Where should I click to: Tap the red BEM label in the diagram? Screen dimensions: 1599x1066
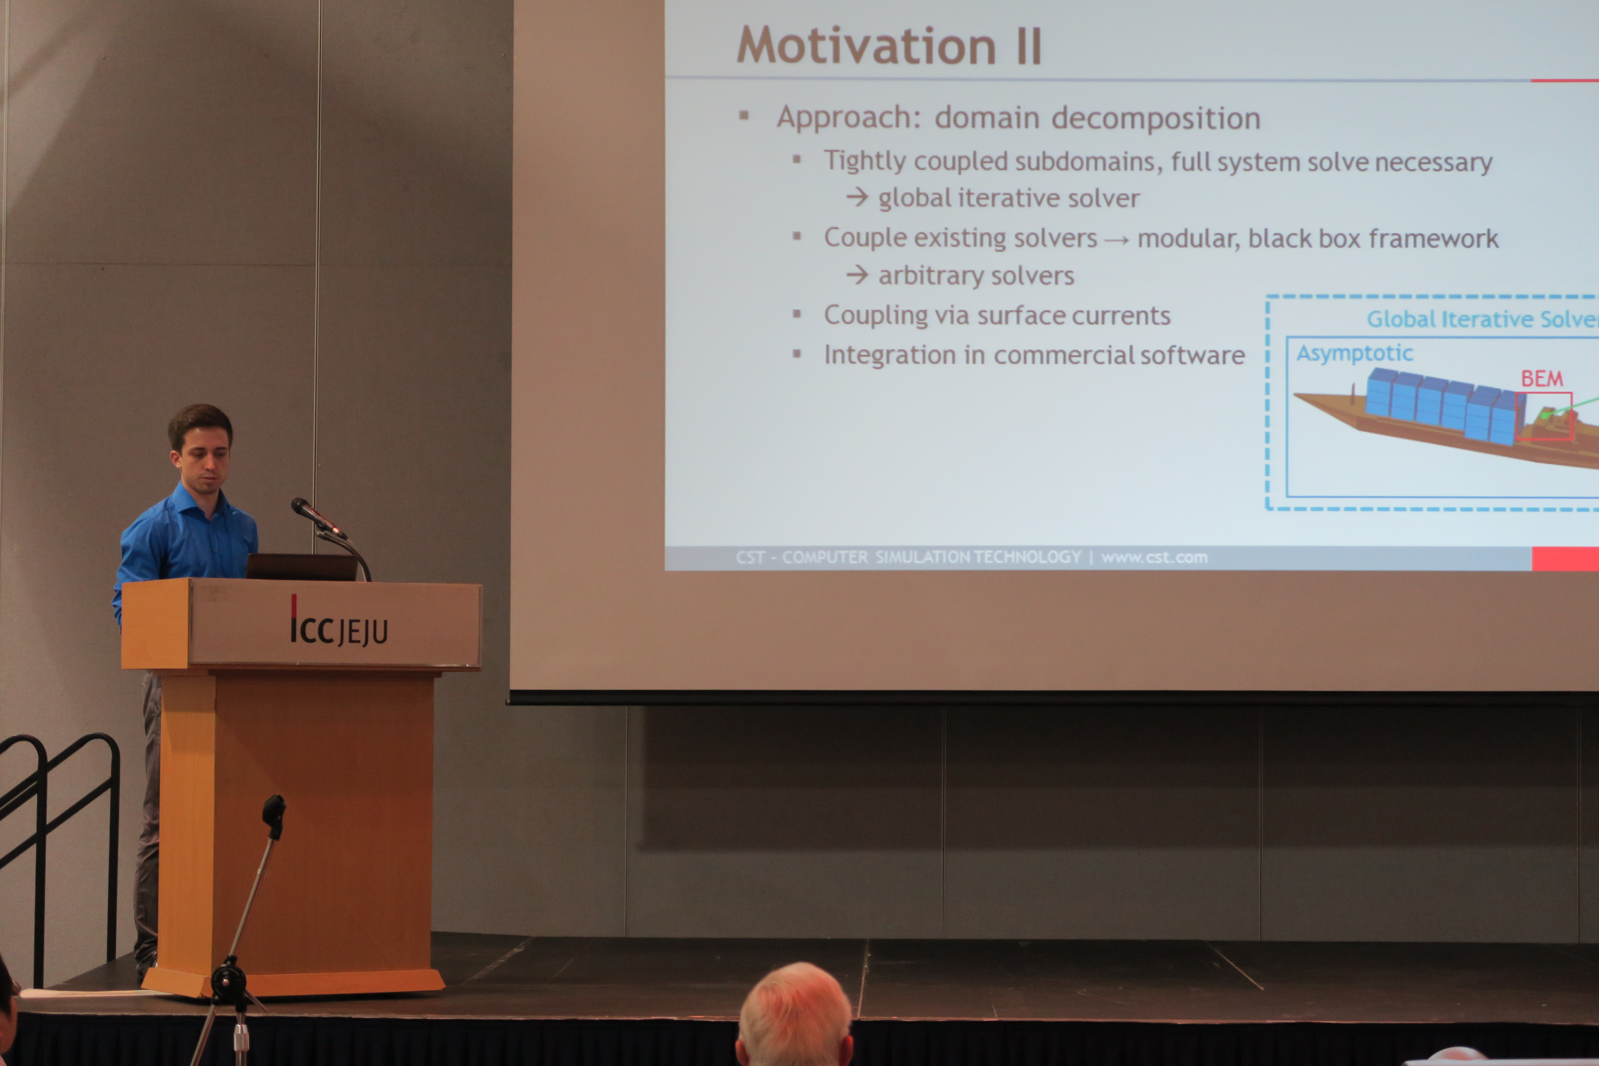[x=1542, y=379]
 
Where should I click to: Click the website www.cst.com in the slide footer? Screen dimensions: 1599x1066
[x=1154, y=558]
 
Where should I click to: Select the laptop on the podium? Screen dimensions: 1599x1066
[x=301, y=566]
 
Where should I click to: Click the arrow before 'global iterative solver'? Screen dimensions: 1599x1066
[x=857, y=197]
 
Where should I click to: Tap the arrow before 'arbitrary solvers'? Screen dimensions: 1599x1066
[x=857, y=275]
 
